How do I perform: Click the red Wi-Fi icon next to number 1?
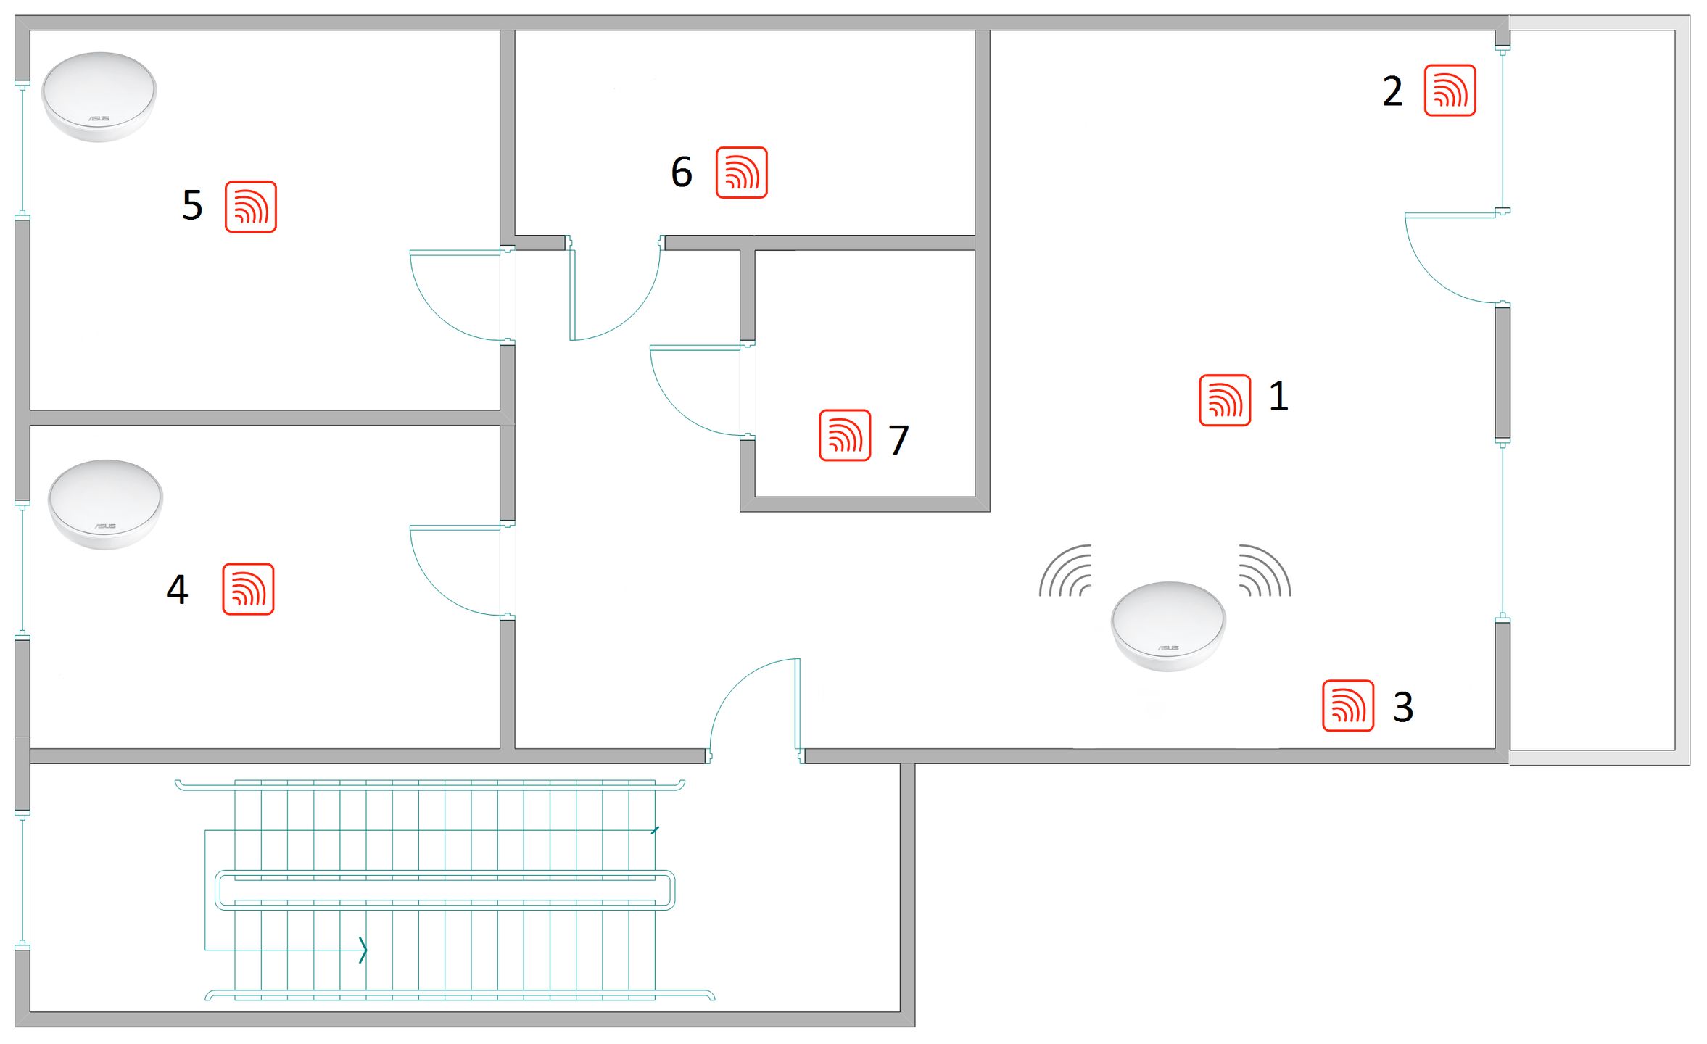[x=1225, y=400]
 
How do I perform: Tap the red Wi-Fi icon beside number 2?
[x=1450, y=91]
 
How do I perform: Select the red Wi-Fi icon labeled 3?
[x=1348, y=705]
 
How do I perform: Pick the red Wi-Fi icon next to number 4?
[x=248, y=589]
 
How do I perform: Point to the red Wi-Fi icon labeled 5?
[x=251, y=207]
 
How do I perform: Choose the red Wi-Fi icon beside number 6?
[x=741, y=173]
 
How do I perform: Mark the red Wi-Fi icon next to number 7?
[x=845, y=435]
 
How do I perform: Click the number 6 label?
[x=682, y=173]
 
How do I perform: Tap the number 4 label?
[x=178, y=589]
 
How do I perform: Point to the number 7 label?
[x=899, y=440]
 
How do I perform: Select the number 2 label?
[x=1392, y=91]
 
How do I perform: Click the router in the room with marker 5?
[x=99, y=96]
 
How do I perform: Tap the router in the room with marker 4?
[x=105, y=505]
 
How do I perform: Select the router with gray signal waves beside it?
[x=1168, y=626]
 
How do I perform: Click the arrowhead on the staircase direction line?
[x=364, y=950]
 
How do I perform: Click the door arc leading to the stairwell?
[x=735, y=685]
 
